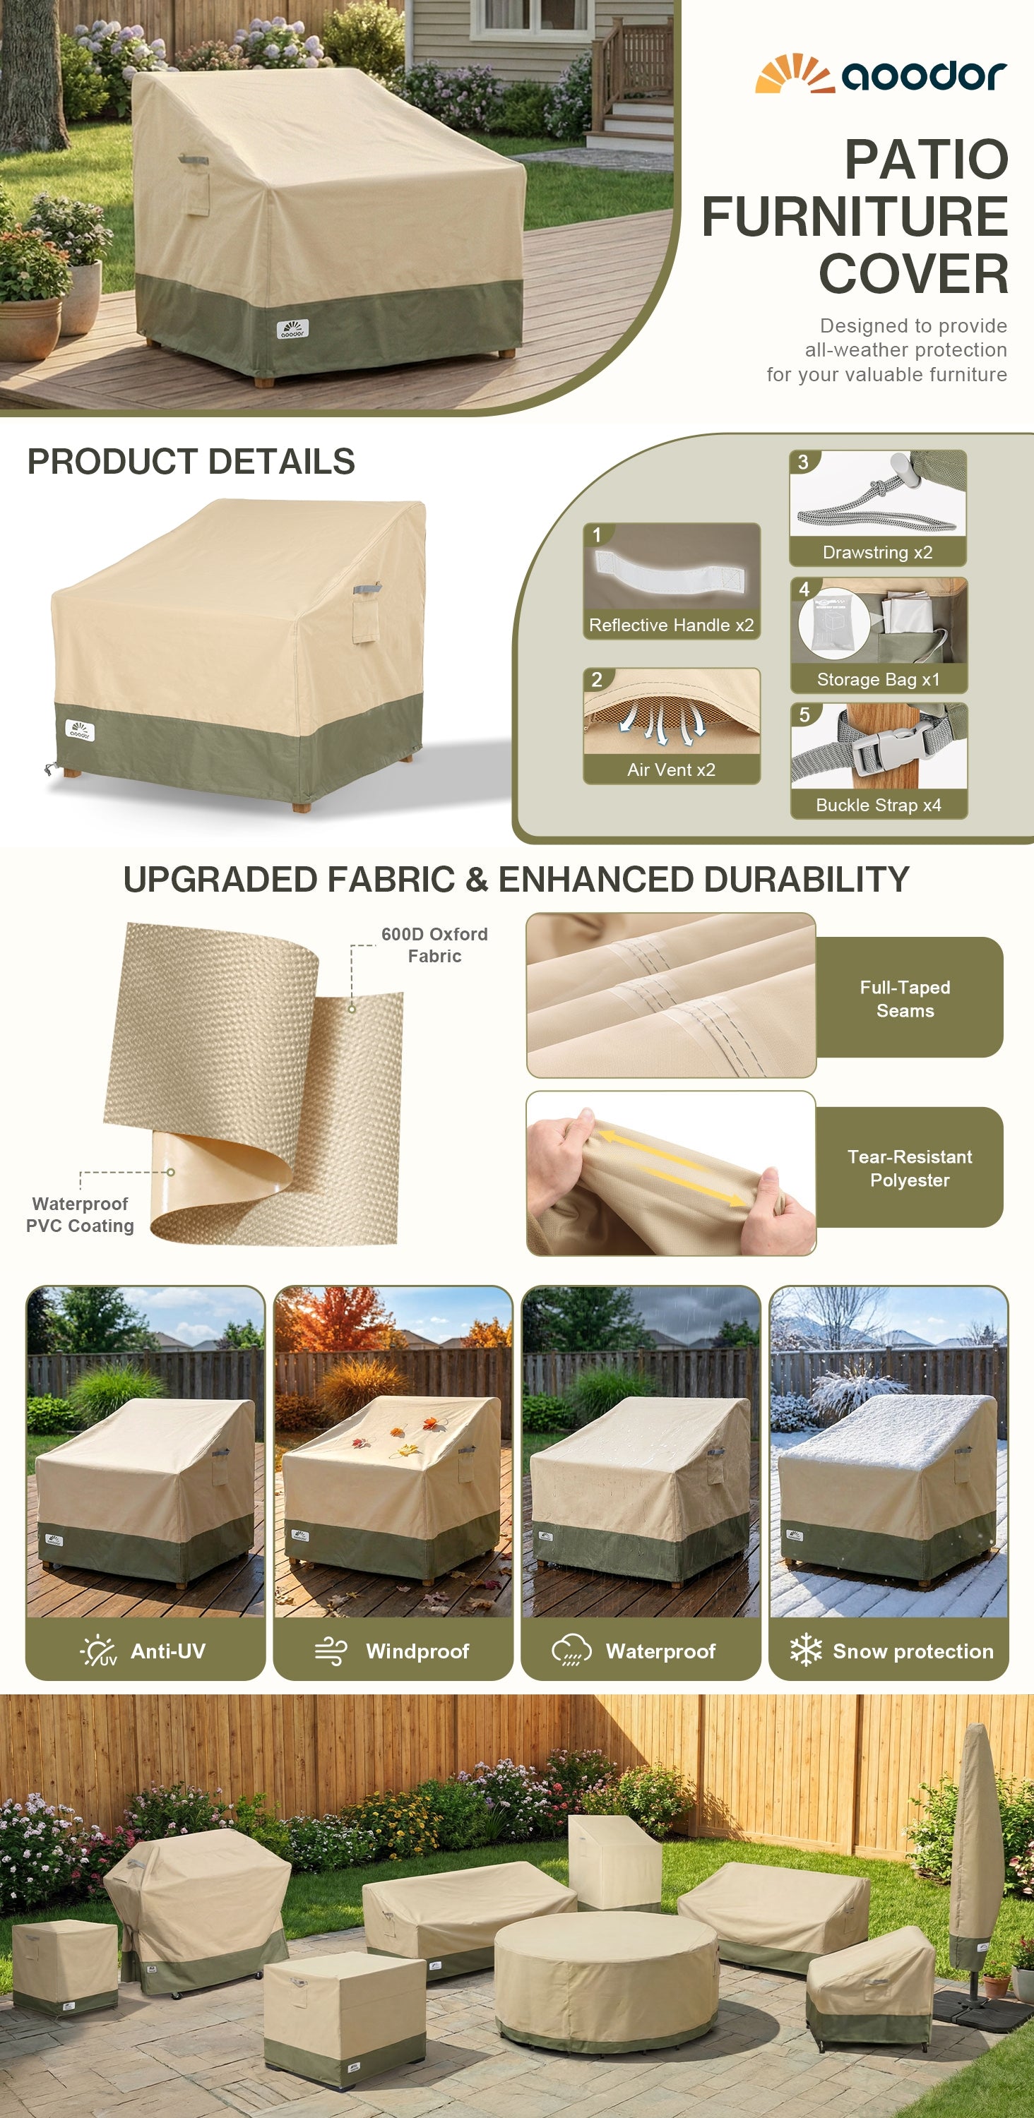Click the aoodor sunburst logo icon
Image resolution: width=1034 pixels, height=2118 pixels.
[794, 73]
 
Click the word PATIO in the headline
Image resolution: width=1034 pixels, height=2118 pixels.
[926, 159]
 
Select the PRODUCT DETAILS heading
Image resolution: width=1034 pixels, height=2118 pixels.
[191, 461]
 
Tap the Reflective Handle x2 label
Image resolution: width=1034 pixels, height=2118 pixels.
[671, 625]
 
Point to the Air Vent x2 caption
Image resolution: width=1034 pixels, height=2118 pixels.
[671, 770]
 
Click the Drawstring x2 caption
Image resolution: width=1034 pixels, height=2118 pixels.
[878, 553]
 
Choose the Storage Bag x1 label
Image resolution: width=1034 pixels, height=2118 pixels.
[878, 679]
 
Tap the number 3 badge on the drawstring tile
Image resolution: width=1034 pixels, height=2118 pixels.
[803, 462]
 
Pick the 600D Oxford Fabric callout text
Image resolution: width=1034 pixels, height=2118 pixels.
[434, 945]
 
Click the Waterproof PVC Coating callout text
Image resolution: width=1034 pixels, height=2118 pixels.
[80, 1214]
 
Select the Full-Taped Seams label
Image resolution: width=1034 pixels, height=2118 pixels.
[905, 999]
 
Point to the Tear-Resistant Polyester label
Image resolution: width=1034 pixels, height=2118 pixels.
[910, 1168]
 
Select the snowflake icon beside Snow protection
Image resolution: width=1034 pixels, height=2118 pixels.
[806, 1650]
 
